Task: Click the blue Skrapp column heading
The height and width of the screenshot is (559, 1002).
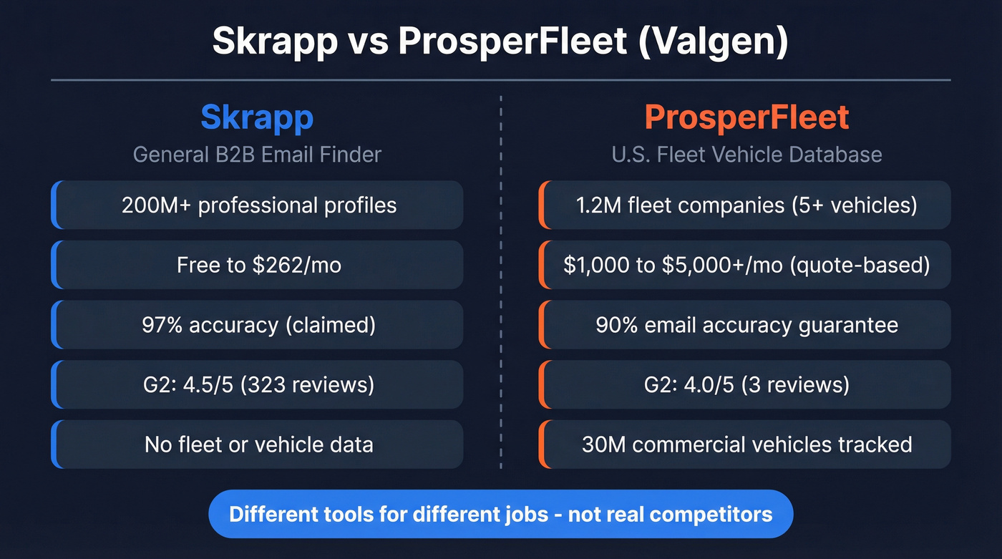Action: coord(257,117)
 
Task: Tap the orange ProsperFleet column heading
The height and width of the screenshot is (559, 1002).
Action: coord(746,117)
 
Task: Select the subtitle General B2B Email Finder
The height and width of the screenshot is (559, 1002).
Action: coord(257,154)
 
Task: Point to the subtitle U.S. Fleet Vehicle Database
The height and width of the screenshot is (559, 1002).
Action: coord(746,154)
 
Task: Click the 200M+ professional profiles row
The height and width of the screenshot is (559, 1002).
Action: coord(258,205)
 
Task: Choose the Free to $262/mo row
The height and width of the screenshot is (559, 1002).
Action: coord(258,266)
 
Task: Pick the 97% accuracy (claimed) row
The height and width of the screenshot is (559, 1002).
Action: coord(258,325)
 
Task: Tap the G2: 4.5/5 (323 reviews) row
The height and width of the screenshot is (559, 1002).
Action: coord(258,385)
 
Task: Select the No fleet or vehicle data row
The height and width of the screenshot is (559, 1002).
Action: coord(258,444)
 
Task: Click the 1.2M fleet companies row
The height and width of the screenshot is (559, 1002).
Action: coord(746,205)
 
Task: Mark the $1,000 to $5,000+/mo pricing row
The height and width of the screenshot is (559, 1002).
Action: coord(746,266)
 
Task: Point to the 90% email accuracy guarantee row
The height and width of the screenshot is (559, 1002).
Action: coord(746,325)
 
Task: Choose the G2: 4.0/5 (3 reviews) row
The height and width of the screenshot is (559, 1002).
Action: coord(746,385)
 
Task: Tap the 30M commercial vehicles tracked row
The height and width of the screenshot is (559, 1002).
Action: coord(746,444)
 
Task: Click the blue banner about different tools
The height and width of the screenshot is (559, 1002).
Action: coord(500,514)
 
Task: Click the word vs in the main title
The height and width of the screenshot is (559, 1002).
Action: coord(368,42)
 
